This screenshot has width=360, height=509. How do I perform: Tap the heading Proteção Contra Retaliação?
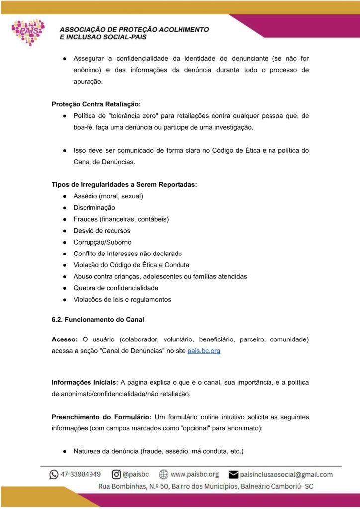tap(96, 104)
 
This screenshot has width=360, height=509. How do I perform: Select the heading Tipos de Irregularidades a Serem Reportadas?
tap(124, 185)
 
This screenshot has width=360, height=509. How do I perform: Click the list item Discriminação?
tap(94, 208)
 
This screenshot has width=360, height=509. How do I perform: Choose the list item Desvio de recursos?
tap(101, 231)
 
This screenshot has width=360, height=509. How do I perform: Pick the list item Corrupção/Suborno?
tap(102, 242)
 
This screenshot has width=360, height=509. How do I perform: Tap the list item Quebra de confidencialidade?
tap(115, 288)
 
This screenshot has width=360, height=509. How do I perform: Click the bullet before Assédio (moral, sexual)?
tap(65, 196)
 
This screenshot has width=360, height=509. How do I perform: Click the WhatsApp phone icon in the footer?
tap(54, 474)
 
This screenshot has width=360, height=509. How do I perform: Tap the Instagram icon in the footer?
tap(116, 474)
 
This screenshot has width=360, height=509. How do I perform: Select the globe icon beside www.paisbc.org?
tap(163, 474)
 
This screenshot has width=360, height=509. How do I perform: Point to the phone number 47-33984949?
tap(82, 474)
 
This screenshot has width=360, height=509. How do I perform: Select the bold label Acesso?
tap(64, 339)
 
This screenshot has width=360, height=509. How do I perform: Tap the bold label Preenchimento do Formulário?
tap(100, 417)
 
